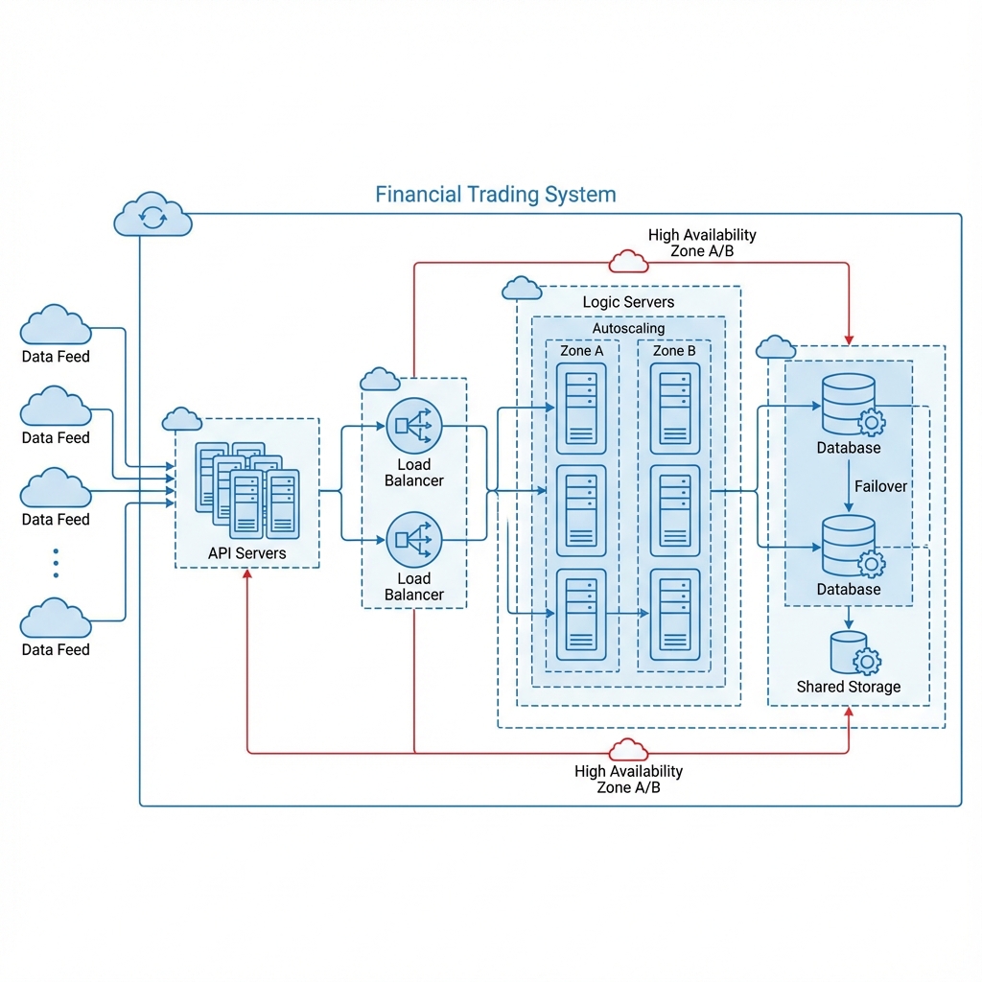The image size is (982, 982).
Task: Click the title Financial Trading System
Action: pos(495,195)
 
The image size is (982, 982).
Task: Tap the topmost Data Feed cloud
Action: pos(56,327)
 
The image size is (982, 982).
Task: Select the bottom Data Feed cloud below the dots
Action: pos(56,620)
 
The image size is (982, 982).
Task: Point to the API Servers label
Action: pos(246,553)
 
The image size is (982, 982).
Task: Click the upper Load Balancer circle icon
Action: pos(414,425)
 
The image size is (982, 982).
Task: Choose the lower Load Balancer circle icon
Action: pos(414,539)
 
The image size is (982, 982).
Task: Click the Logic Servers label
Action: pos(628,302)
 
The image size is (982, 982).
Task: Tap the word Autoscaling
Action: pos(628,329)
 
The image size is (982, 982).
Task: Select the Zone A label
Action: pos(582,351)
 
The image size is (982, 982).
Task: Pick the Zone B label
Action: pos(675,351)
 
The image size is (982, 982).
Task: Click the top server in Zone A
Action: pos(581,409)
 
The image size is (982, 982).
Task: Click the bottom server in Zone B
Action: pos(675,615)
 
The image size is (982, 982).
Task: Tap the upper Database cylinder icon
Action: pos(849,404)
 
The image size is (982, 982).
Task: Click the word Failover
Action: pos(880,486)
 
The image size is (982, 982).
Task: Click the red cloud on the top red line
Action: pos(628,261)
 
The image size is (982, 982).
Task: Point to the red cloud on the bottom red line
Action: pos(628,750)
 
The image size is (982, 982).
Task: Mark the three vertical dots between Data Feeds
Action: pos(56,563)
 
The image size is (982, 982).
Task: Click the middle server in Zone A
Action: pos(581,511)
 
